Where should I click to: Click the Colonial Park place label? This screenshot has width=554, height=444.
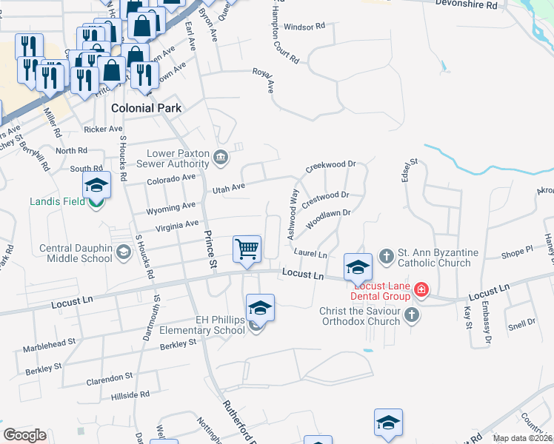[x=146, y=108]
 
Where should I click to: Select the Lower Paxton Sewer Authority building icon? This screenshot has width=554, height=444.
[x=220, y=158]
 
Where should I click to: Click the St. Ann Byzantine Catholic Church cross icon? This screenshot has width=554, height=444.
[x=385, y=256]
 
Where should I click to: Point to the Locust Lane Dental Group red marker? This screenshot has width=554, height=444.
[x=421, y=289]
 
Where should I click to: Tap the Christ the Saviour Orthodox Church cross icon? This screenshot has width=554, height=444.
[x=413, y=316]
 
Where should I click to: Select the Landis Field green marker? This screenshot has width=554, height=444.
[x=96, y=201]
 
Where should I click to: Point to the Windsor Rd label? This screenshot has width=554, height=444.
[x=304, y=27]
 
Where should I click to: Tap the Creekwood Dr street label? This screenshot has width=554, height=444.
[x=331, y=165]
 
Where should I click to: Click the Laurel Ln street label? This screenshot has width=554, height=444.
[x=310, y=254]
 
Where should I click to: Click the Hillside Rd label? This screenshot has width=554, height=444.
[x=130, y=395]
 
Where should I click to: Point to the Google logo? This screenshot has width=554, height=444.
[x=24, y=434]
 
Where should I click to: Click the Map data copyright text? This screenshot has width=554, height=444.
[x=523, y=438]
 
